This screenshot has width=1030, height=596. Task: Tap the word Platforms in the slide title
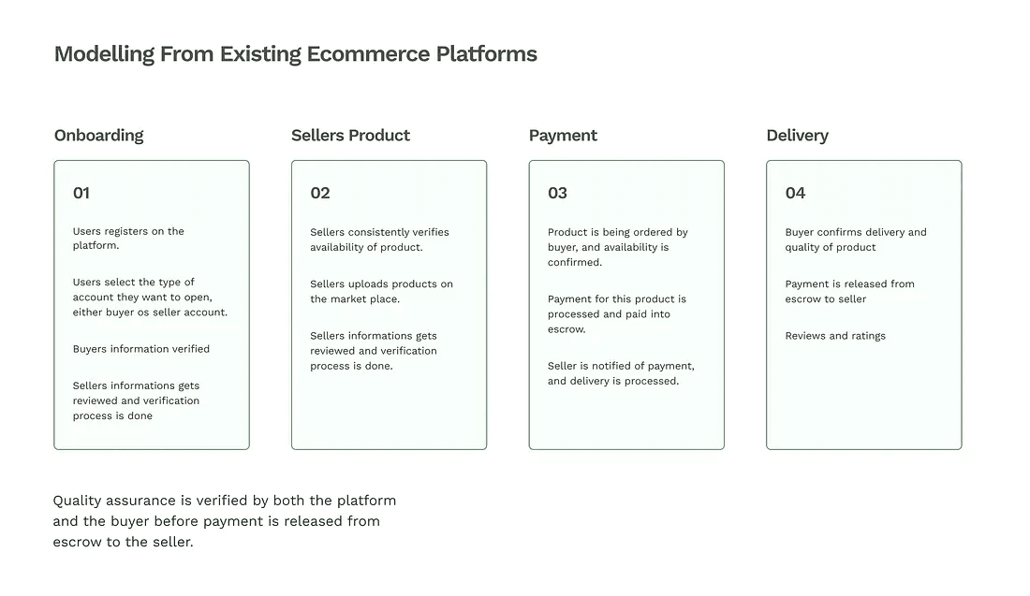pyautogui.click(x=486, y=54)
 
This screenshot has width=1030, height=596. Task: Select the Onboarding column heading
pyautogui.click(x=98, y=136)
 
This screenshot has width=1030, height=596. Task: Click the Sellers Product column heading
pyautogui.click(x=350, y=136)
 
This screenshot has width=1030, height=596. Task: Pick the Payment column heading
pyautogui.click(x=563, y=136)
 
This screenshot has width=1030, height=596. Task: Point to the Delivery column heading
pyautogui.click(x=797, y=136)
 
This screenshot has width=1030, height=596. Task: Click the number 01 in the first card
pyautogui.click(x=81, y=194)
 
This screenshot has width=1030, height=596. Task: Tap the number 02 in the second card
pyautogui.click(x=320, y=194)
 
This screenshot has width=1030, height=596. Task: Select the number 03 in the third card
pyautogui.click(x=557, y=194)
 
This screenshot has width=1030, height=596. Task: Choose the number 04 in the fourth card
pyautogui.click(x=795, y=194)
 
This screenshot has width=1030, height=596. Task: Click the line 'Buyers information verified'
pyautogui.click(x=141, y=349)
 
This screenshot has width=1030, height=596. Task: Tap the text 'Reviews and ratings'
pyautogui.click(x=835, y=336)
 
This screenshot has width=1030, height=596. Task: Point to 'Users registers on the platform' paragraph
pyautogui.click(x=128, y=239)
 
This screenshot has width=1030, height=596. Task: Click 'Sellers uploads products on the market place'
pyautogui.click(x=381, y=292)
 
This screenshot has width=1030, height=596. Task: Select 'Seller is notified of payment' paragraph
pyautogui.click(x=621, y=373)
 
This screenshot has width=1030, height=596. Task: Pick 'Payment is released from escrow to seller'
pyautogui.click(x=849, y=292)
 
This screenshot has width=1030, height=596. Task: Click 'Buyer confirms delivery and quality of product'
pyautogui.click(x=855, y=240)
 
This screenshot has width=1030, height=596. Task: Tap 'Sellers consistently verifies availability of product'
pyautogui.click(x=379, y=240)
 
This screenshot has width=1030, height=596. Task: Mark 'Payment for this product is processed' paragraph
pyautogui.click(x=616, y=314)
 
